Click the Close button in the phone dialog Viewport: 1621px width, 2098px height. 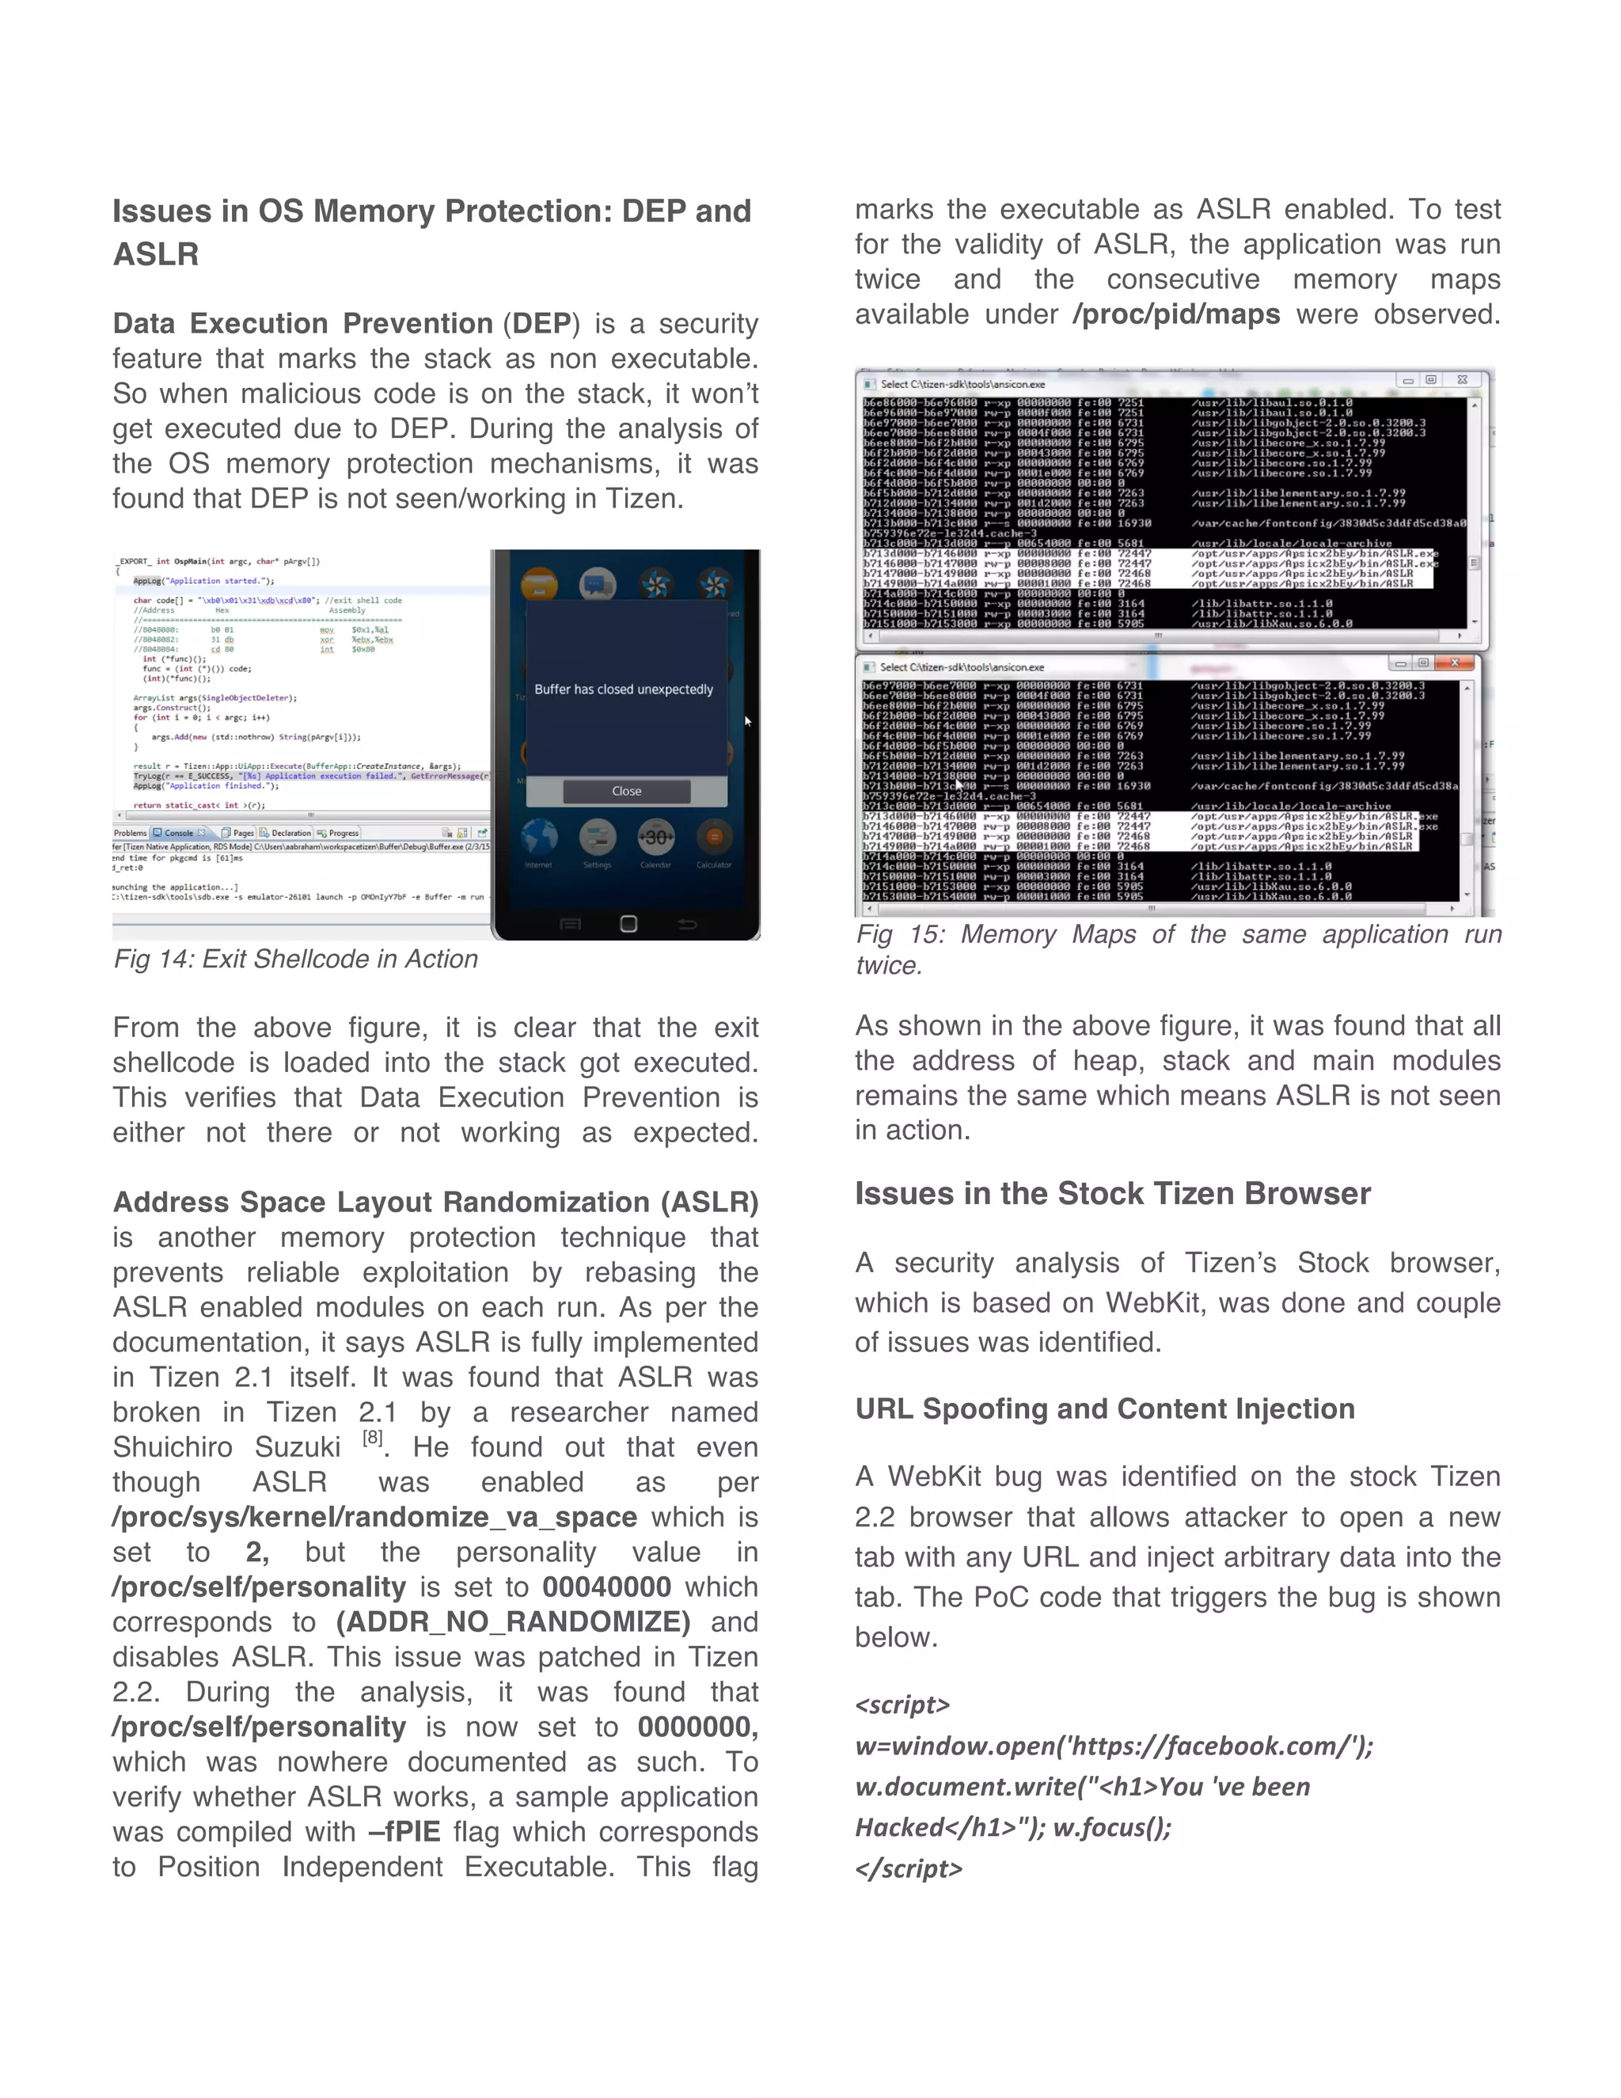626,791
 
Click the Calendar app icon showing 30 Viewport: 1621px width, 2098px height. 656,838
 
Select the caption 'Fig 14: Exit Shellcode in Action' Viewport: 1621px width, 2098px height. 296,959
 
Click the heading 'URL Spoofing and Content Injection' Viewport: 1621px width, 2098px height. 1104,1408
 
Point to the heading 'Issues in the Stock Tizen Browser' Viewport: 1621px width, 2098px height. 1112,1193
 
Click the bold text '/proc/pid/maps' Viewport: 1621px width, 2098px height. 1175,314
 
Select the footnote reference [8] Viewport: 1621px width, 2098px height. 373,1438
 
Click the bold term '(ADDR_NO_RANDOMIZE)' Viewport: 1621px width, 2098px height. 513,1621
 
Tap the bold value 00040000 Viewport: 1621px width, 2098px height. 606,1587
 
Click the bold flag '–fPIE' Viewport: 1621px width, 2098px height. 404,1831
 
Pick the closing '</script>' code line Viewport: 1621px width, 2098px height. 909,1868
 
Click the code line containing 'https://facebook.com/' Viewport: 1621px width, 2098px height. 1114,1746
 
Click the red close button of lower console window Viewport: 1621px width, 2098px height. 1454,663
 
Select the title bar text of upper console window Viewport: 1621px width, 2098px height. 962,383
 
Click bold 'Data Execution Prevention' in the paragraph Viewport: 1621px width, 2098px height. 302,323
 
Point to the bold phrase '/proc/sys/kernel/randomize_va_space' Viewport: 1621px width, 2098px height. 374,1517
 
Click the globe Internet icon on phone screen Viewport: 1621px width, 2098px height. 539,838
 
